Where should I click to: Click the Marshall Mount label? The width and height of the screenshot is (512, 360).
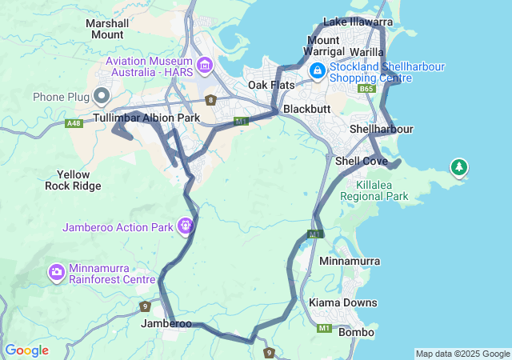(x=107, y=29)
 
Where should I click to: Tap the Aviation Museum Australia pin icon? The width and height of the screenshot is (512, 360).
(x=204, y=64)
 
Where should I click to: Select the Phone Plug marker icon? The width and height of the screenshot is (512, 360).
(x=102, y=97)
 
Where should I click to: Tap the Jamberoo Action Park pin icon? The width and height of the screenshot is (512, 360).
(x=186, y=226)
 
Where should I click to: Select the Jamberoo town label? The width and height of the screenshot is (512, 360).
(x=166, y=324)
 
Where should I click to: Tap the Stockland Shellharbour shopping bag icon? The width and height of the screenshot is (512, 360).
(x=318, y=71)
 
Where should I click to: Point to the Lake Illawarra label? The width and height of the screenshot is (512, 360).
(x=358, y=22)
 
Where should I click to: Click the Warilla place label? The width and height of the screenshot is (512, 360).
(x=366, y=52)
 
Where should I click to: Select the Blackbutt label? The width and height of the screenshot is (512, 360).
(x=302, y=108)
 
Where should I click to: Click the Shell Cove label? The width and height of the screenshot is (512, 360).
(x=361, y=161)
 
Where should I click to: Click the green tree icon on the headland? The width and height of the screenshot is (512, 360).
(x=458, y=168)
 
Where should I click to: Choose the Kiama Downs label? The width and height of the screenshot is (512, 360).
(x=343, y=303)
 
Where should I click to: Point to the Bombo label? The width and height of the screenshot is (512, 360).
(x=356, y=332)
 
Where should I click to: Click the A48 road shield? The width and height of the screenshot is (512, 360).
(x=74, y=123)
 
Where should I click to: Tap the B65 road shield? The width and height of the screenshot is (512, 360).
(x=367, y=90)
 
